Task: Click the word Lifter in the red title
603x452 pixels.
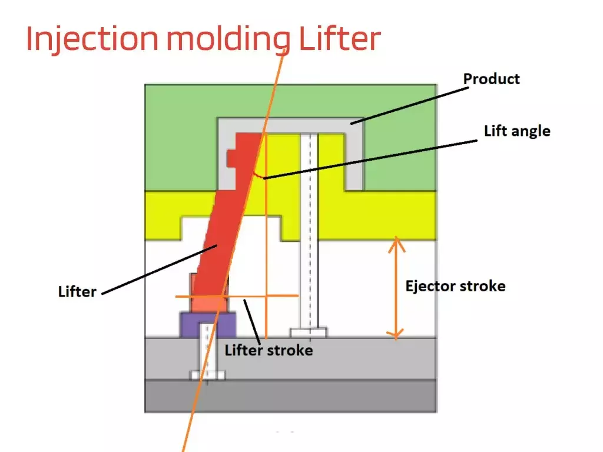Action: (340, 39)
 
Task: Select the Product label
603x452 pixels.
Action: (491, 79)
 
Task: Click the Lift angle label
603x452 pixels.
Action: (516, 131)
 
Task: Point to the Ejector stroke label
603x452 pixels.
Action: (455, 286)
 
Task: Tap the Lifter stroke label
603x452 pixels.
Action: (269, 350)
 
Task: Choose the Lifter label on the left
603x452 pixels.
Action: (77, 291)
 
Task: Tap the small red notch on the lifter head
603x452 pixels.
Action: (231, 157)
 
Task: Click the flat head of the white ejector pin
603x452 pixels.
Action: (309, 333)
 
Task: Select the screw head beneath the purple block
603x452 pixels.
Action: (207, 375)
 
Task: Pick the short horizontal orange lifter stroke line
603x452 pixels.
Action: (236, 296)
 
